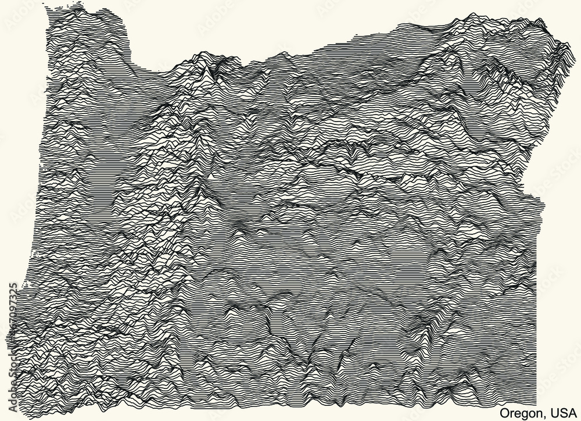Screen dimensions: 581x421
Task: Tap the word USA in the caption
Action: click(564, 413)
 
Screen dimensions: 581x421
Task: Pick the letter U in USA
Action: click(554, 413)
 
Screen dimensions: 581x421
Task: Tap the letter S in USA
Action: click(563, 413)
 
